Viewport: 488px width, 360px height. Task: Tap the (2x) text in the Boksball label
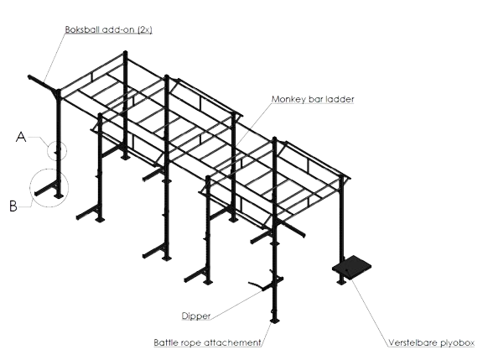[145, 29]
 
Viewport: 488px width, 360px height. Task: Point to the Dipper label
[196, 316]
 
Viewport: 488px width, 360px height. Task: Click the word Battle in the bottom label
[165, 342]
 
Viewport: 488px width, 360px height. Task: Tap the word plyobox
[458, 343]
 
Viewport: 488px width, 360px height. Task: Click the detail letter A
[21, 137]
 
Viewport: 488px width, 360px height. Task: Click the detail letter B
[13, 206]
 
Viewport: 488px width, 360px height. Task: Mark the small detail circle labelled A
[48, 151]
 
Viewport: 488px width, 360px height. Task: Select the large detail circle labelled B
[30, 188]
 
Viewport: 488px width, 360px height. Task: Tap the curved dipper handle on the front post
[256, 284]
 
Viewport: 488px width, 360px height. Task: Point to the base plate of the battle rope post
[274, 321]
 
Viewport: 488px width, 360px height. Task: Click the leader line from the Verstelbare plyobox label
[370, 312]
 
